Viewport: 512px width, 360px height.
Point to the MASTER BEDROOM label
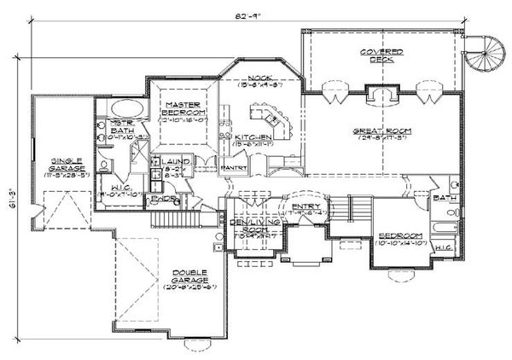pos(182,108)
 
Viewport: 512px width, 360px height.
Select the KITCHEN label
pos(256,136)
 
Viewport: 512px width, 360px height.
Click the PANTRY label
pos(234,168)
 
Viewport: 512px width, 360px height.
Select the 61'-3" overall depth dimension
pos(10,197)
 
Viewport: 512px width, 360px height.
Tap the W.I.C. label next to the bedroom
pos(443,247)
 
